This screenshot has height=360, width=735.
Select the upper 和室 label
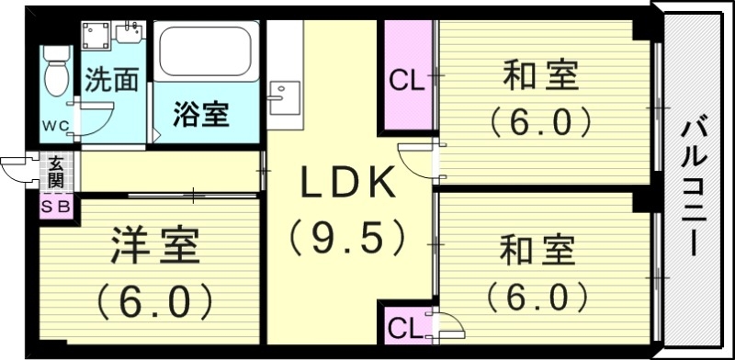pyautogui.click(x=538, y=76)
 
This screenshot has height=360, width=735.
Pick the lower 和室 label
pyautogui.click(x=538, y=249)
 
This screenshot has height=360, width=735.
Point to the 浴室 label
pyautogui.click(x=202, y=116)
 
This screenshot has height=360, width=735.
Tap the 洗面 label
pyautogui.click(x=111, y=81)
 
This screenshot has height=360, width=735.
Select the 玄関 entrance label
pyautogui.click(x=57, y=171)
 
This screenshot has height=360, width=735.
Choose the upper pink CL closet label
pyautogui.click(x=407, y=81)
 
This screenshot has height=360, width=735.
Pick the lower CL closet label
pyautogui.click(x=404, y=327)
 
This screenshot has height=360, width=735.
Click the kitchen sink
pyautogui.click(x=284, y=95)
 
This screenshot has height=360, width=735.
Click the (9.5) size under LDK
pyautogui.click(x=348, y=237)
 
